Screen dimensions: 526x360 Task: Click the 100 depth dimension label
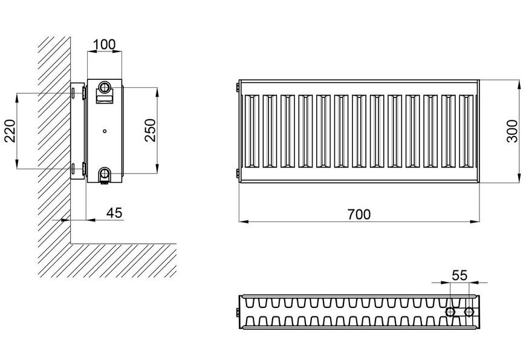[x=104, y=44]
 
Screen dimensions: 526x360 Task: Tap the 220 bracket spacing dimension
[x=10, y=131]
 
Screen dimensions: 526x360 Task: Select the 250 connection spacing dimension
[x=151, y=130]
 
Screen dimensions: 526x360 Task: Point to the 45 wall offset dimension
[x=114, y=213]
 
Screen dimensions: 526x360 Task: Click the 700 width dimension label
[x=359, y=214]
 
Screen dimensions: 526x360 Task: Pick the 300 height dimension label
[x=512, y=131]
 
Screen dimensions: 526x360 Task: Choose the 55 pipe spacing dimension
[x=459, y=275]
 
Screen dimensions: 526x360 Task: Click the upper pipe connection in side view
[x=105, y=87]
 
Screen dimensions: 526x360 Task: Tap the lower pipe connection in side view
[x=105, y=174]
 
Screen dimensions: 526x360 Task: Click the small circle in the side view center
[x=105, y=131]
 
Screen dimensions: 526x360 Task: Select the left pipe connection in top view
[x=450, y=312]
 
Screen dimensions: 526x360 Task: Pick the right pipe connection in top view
[x=469, y=312]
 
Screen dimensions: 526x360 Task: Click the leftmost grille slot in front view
[x=252, y=131]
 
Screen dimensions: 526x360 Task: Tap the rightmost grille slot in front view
[x=466, y=131]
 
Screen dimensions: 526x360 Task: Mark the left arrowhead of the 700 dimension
[x=244, y=221]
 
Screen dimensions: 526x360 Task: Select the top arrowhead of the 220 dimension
[x=17, y=98]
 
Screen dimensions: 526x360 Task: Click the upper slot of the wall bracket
[x=73, y=93]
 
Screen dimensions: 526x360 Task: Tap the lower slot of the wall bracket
[x=73, y=169]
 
